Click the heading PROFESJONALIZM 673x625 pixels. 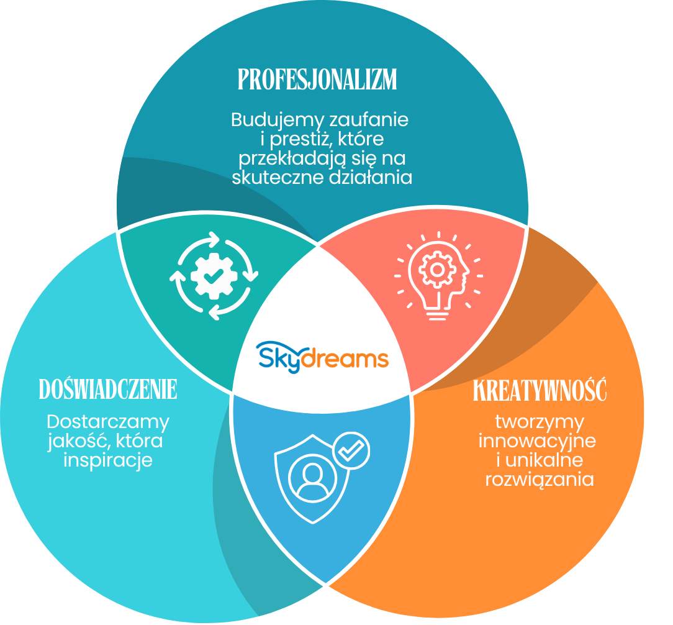pos(317,80)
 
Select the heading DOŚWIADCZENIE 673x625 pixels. pos(108,389)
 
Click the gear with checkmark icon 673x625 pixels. pos(214,276)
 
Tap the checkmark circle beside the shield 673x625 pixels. pos(351,450)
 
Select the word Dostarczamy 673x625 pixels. pos(108,422)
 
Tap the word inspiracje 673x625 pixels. pos(108,460)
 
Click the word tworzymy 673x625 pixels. pos(540,422)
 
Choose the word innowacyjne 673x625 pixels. pos(538,441)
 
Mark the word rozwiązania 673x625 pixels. pos(540,480)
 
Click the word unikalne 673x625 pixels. pos(544,460)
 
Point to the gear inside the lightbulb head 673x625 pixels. pos(437,270)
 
